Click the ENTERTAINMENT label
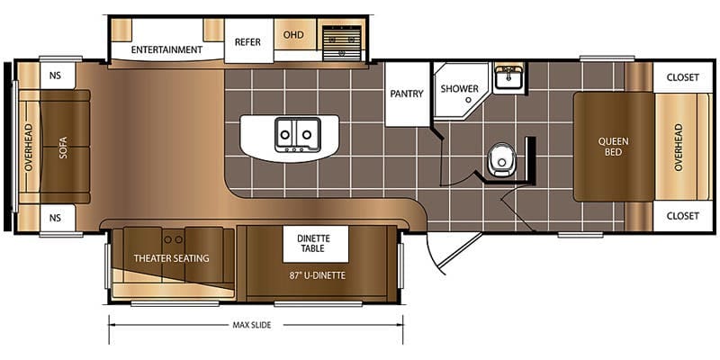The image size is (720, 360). (166, 49)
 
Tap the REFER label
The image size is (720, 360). (247, 41)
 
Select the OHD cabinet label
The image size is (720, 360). (293, 35)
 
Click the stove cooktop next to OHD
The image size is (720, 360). (341, 40)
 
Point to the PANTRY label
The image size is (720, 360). (407, 94)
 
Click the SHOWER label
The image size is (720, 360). (459, 89)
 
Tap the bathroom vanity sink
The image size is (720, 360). (509, 77)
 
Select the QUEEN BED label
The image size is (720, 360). (615, 147)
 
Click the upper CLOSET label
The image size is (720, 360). (682, 77)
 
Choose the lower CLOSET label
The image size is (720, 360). (682, 216)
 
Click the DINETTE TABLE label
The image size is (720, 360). (313, 243)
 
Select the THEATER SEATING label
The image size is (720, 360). (171, 258)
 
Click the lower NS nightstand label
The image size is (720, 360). (56, 217)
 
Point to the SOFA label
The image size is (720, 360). (64, 147)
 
